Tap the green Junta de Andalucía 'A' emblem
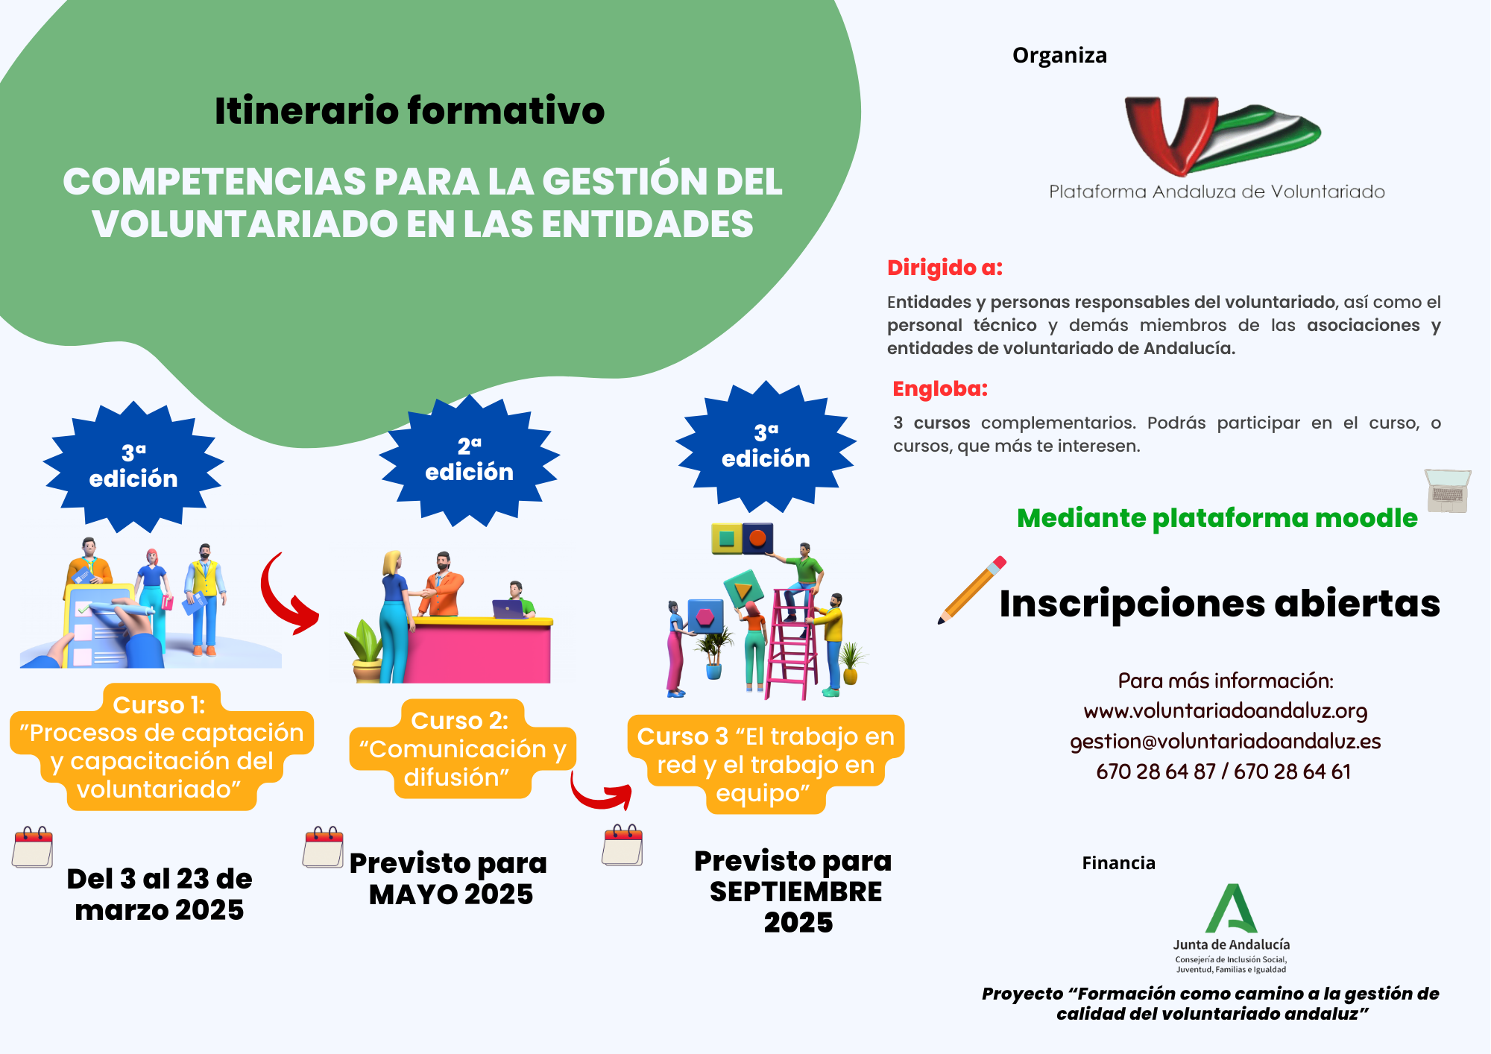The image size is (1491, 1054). pyautogui.click(x=1231, y=909)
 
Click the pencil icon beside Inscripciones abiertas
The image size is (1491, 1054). pyautogui.click(x=972, y=590)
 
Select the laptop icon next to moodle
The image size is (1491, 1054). pyautogui.click(x=1448, y=490)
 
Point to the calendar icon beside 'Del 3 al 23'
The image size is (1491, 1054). pyautogui.click(x=33, y=847)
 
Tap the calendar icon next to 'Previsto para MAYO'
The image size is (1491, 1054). pyautogui.click(x=324, y=847)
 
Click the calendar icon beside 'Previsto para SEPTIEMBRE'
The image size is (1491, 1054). pyautogui.click(x=623, y=845)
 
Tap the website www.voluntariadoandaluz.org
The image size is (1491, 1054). pyautogui.click(x=1226, y=711)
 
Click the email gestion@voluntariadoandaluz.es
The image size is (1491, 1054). pyautogui.click(x=1226, y=742)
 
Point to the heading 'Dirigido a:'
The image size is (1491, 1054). pyautogui.click(x=945, y=268)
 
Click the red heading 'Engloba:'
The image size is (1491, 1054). pyautogui.click(x=940, y=388)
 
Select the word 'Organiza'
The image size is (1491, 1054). pyautogui.click(x=1059, y=56)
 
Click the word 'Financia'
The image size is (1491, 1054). pyautogui.click(x=1118, y=863)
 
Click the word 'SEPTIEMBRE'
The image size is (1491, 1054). pyautogui.click(x=795, y=892)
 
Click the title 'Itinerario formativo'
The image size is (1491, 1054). pyautogui.click(x=409, y=110)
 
